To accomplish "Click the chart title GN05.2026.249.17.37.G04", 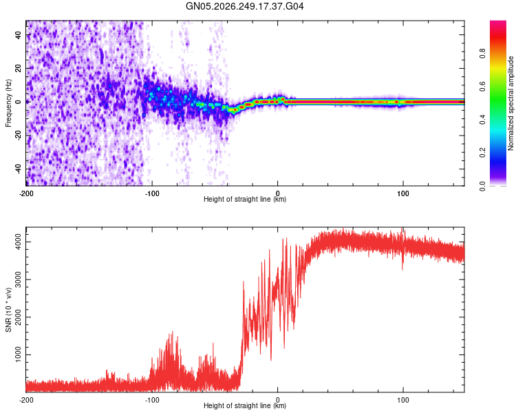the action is tap(244, 6).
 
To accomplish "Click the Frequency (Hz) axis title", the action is tap(8, 103).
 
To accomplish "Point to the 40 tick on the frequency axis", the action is tap(19, 34).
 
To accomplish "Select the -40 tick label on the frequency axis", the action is tap(19, 169).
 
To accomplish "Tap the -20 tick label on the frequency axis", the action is tap(19, 135).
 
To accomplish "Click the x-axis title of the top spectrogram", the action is tap(245, 199).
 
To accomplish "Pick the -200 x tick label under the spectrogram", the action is tap(26, 193).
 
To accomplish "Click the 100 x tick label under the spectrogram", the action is tap(402, 193).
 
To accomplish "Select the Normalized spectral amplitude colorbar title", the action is tap(510, 103).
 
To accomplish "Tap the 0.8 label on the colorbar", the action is tap(482, 54).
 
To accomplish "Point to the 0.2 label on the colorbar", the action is tap(482, 153).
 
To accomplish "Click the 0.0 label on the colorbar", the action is tap(482, 186).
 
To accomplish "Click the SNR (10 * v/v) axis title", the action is tap(8, 310).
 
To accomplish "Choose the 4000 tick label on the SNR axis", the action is tap(19, 242).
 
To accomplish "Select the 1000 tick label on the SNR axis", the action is tap(19, 354).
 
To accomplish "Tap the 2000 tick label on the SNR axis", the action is tap(19, 317).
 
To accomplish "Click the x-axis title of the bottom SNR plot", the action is tap(245, 405).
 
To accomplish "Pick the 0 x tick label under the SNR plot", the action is tap(277, 400).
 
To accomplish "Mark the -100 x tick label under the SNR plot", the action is tap(152, 400).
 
